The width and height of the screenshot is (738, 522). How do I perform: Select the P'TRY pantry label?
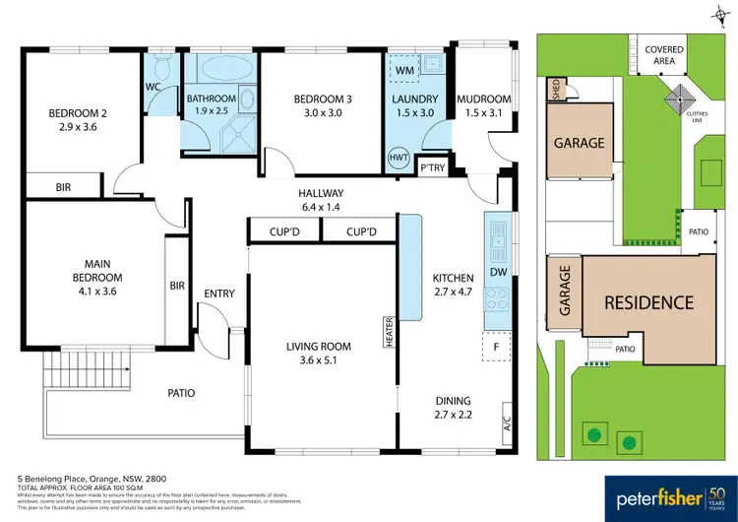[x=432, y=167]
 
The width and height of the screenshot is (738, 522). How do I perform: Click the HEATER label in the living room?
[x=390, y=332]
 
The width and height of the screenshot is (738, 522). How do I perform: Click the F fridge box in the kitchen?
[x=496, y=348]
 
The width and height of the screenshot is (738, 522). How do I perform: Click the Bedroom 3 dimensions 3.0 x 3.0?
[x=321, y=113]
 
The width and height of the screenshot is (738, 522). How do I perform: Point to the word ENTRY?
[x=219, y=294]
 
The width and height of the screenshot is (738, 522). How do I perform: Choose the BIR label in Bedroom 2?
[x=63, y=185]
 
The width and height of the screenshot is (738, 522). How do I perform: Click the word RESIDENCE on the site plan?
[x=648, y=302]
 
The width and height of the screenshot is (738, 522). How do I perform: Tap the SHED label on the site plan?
[x=556, y=92]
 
